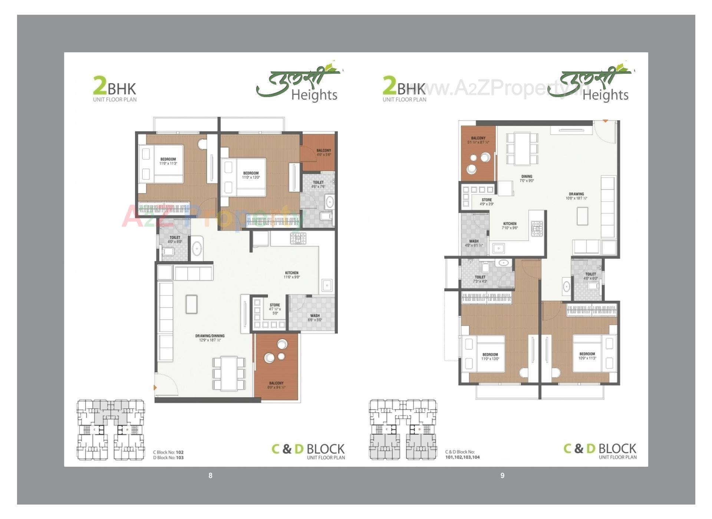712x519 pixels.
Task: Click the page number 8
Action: tap(210, 476)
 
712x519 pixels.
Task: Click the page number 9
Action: tap(502, 476)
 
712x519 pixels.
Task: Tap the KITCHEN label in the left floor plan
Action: tap(292, 273)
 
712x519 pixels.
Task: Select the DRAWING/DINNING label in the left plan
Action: tap(210, 336)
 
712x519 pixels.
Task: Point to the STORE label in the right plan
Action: tap(487, 200)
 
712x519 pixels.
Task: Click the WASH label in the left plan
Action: tap(315, 316)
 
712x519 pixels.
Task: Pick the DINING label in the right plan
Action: tap(527, 176)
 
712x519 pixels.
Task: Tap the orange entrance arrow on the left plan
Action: tap(155, 388)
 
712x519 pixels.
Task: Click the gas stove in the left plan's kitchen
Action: tap(298, 238)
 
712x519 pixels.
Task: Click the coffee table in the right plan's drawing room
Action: tap(582, 216)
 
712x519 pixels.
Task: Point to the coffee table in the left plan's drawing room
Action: tap(192, 304)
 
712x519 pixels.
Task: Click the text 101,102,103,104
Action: tap(462, 457)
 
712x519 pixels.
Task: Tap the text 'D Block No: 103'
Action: tap(168, 458)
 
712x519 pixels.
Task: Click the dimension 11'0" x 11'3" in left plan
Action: tap(168, 163)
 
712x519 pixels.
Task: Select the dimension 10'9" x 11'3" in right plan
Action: tap(587, 358)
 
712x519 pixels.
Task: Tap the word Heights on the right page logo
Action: tap(605, 95)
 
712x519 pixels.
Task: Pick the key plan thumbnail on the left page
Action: tap(111, 430)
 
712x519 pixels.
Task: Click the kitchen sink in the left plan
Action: tap(327, 285)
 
